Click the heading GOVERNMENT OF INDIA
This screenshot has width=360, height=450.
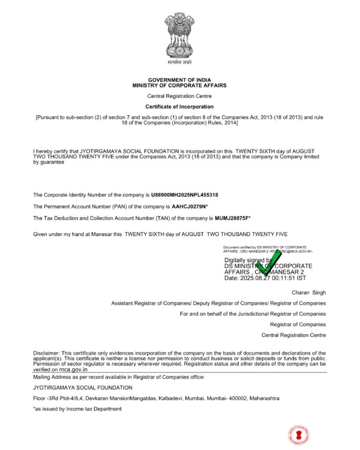point(179,80)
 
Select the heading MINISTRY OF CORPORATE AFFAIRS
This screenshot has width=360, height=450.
point(179,85)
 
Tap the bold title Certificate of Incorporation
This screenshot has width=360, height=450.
point(179,107)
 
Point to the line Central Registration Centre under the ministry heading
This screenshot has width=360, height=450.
point(179,96)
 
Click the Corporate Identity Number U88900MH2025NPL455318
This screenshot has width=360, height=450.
point(185,195)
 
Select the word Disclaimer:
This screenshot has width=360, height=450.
point(47,353)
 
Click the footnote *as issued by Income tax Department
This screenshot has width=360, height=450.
point(77,409)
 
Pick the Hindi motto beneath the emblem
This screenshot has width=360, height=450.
point(179,62)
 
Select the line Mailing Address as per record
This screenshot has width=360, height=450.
point(119,377)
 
